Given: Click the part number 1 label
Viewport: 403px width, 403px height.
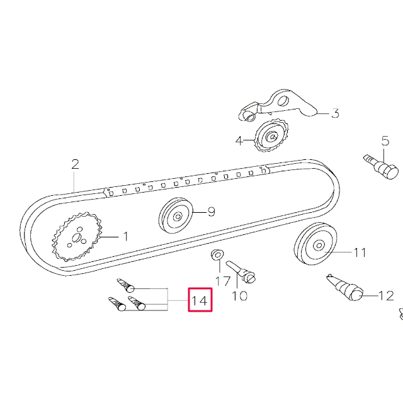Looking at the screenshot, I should pyautogui.click(x=125, y=237).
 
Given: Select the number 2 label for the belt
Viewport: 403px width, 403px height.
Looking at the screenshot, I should pyautogui.click(x=75, y=164).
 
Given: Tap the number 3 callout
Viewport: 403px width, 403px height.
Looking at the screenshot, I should pyautogui.click(x=335, y=113).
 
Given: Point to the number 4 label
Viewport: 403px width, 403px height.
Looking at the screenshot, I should pyautogui.click(x=239, y=140).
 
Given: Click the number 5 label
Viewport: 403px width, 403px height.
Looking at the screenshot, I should pyautogui.click(x=385, y=140).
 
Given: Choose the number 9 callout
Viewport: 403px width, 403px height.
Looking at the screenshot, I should pyautogui.click(x=211, y=211).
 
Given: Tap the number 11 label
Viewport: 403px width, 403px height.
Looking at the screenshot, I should pyautogui.click(x=359, y=253).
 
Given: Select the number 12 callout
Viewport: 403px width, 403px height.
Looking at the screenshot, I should pyautogui.click(x=385, y=294).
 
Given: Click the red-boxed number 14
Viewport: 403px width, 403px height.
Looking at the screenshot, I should pyautogui.click(x=199, y=300).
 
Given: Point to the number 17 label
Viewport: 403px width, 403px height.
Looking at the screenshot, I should pyautogui.click(x=222, y=281).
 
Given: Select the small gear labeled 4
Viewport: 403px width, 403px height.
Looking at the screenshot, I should pyautogui.click(x=271, y=137).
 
